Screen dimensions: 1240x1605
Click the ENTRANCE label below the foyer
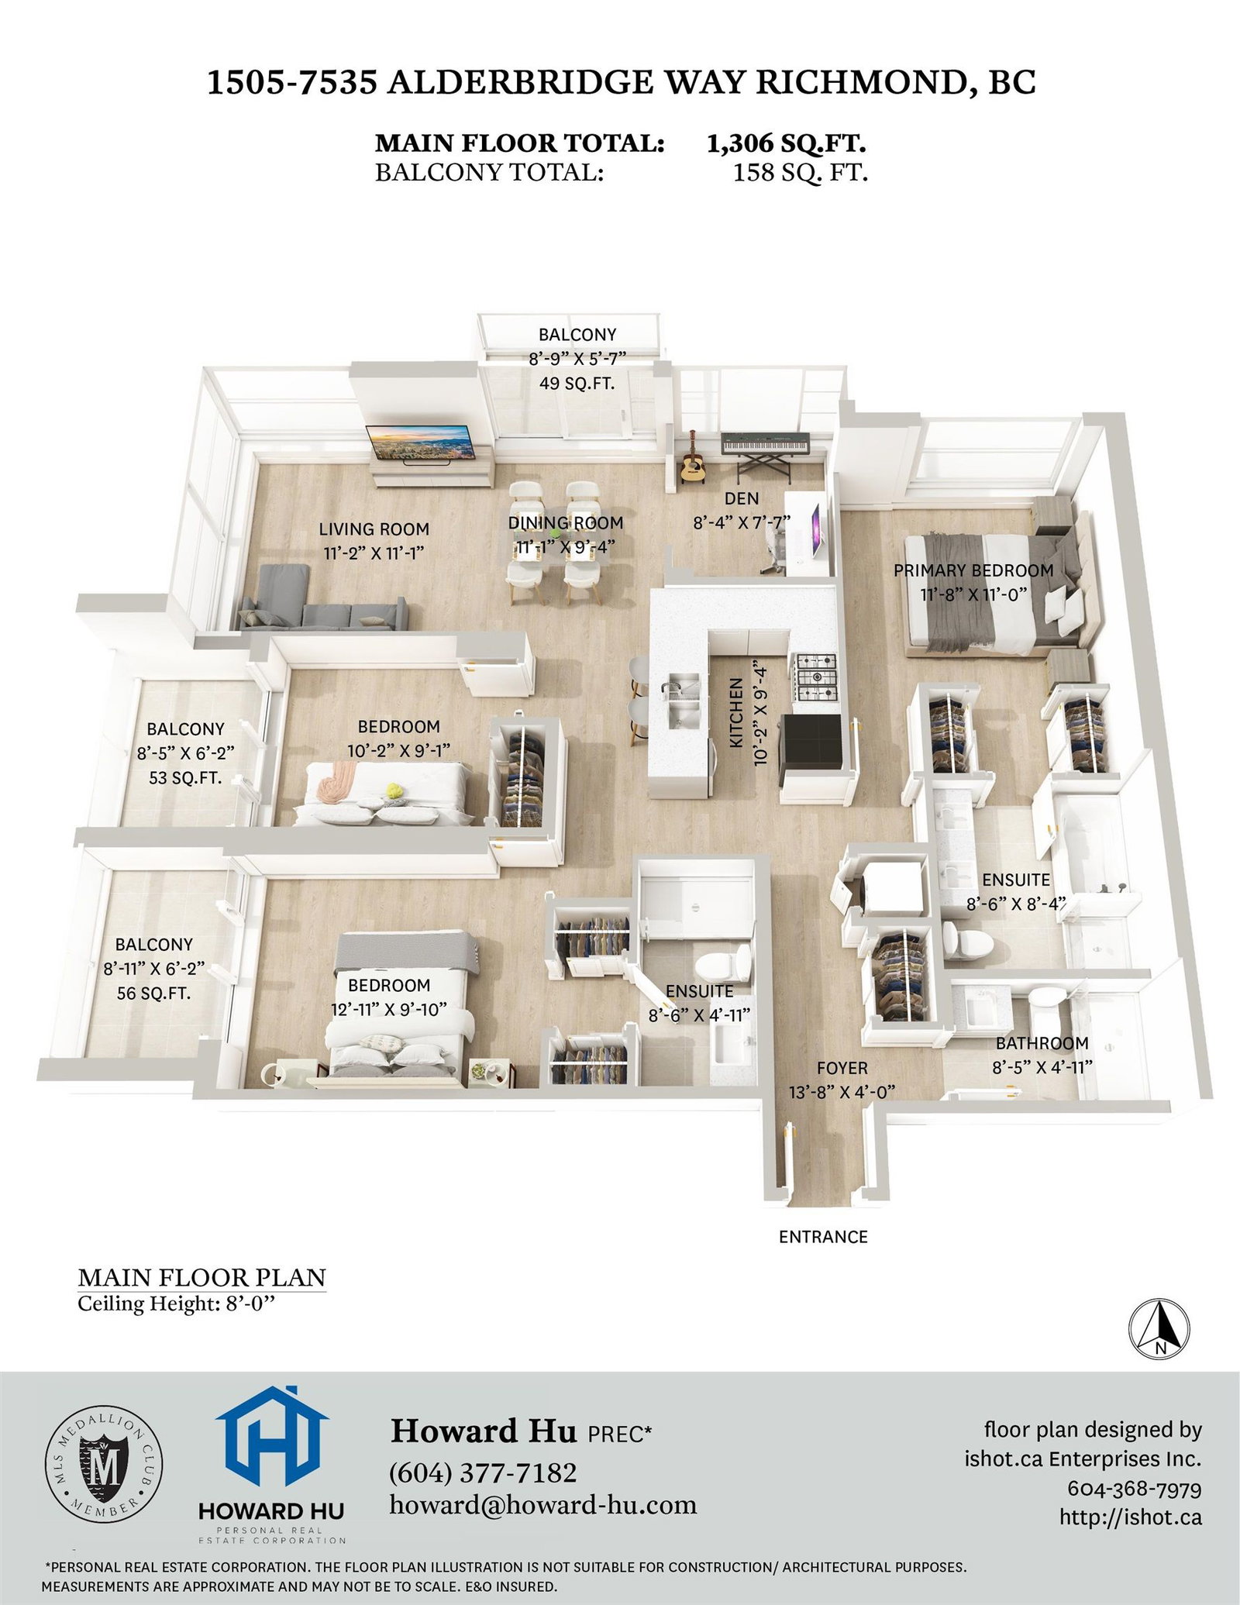coord(823,1236)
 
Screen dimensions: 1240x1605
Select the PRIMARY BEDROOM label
coord(973,570)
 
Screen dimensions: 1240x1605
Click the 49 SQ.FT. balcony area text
coord(577,382)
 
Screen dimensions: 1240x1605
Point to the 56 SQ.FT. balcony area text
coord(153,993)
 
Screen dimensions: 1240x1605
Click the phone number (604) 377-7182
coord(484,1472)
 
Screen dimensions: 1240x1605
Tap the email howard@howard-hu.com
coord(543,1505)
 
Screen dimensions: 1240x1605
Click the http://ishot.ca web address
coord(1131,1516)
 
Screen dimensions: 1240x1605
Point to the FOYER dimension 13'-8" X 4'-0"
coord(842,1092)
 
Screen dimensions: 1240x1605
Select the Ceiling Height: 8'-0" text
coord(177,1304)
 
